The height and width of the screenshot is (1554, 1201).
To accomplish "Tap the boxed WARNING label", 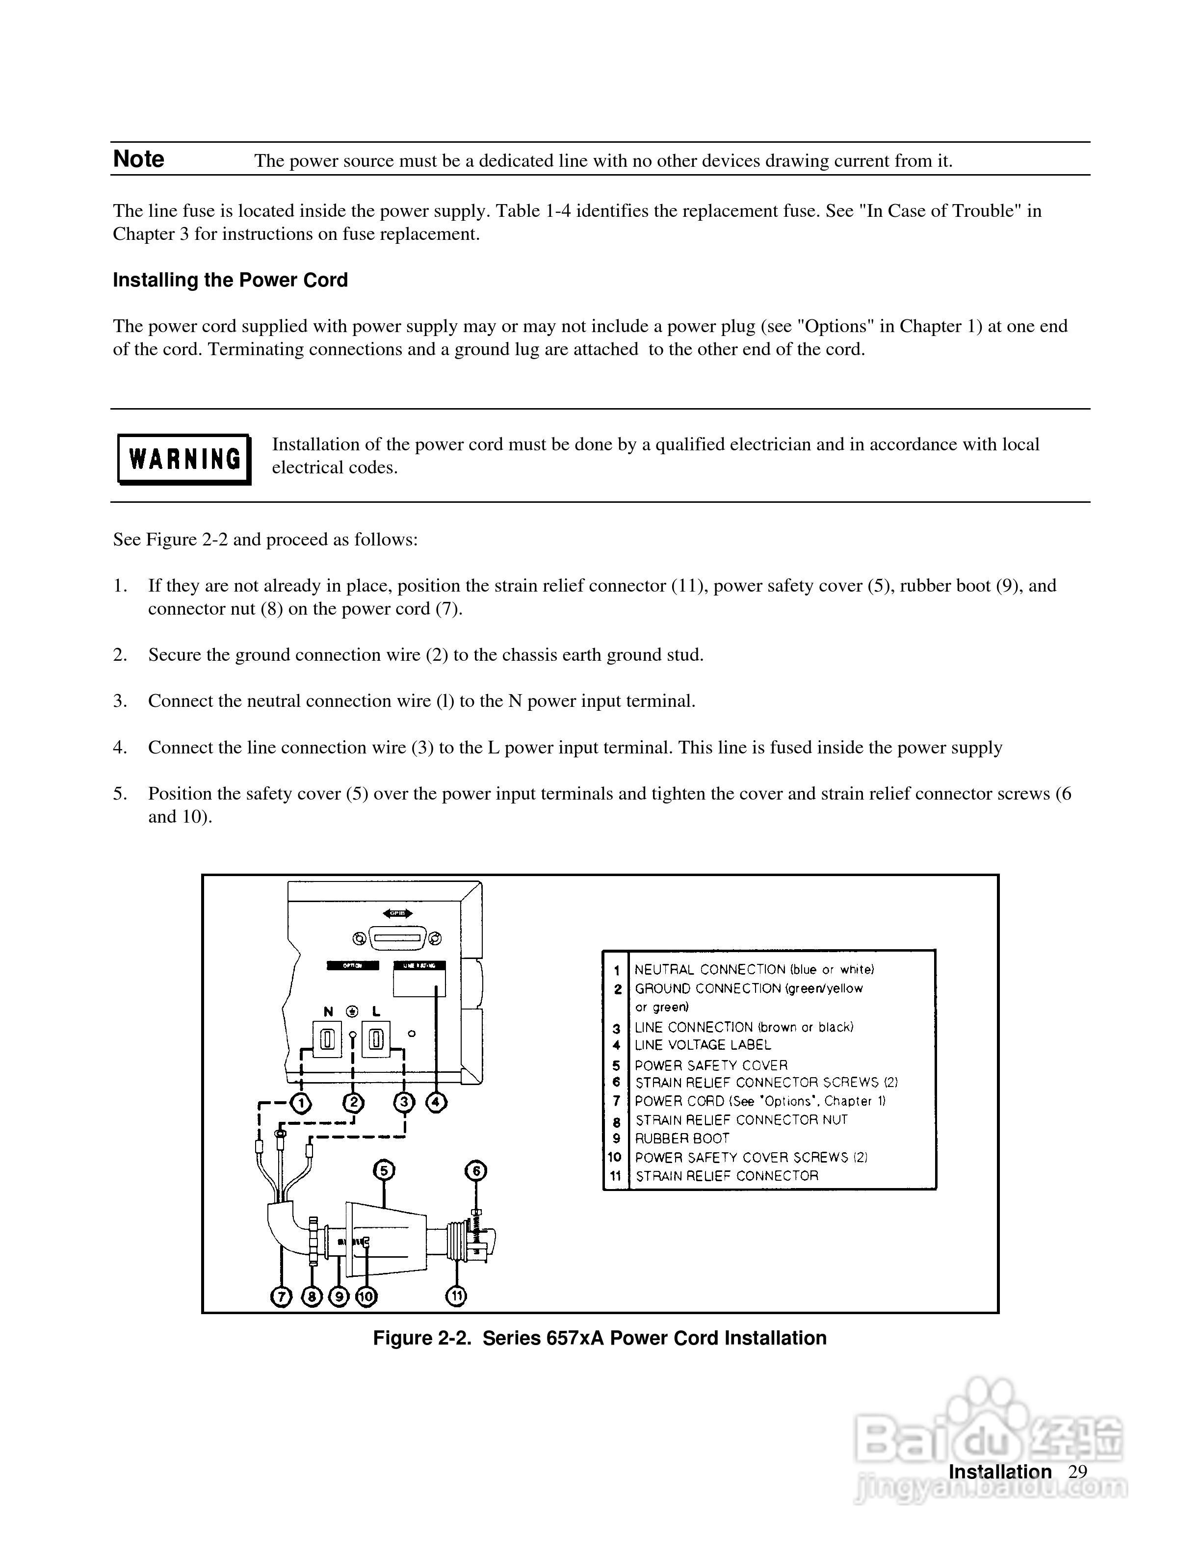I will pos(184,459).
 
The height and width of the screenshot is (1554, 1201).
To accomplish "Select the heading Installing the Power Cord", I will pos(230,281).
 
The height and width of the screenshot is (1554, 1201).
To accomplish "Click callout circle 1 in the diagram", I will pos(302,1103).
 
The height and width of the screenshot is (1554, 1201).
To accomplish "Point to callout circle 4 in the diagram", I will pos(436,1103).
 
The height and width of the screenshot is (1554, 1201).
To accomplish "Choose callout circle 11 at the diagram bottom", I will pos(456,1296).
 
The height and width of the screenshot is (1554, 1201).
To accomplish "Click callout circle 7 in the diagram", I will pos(282,1297).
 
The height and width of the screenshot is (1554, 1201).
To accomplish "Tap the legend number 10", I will pos(615,1157).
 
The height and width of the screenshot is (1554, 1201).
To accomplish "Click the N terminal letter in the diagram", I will pos(328,1011).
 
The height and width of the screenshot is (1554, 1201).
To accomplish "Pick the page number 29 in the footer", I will pos(1078,1472).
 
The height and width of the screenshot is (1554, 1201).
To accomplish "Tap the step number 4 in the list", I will pos(120,748).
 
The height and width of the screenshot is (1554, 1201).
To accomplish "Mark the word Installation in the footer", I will pos(1000,1472).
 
